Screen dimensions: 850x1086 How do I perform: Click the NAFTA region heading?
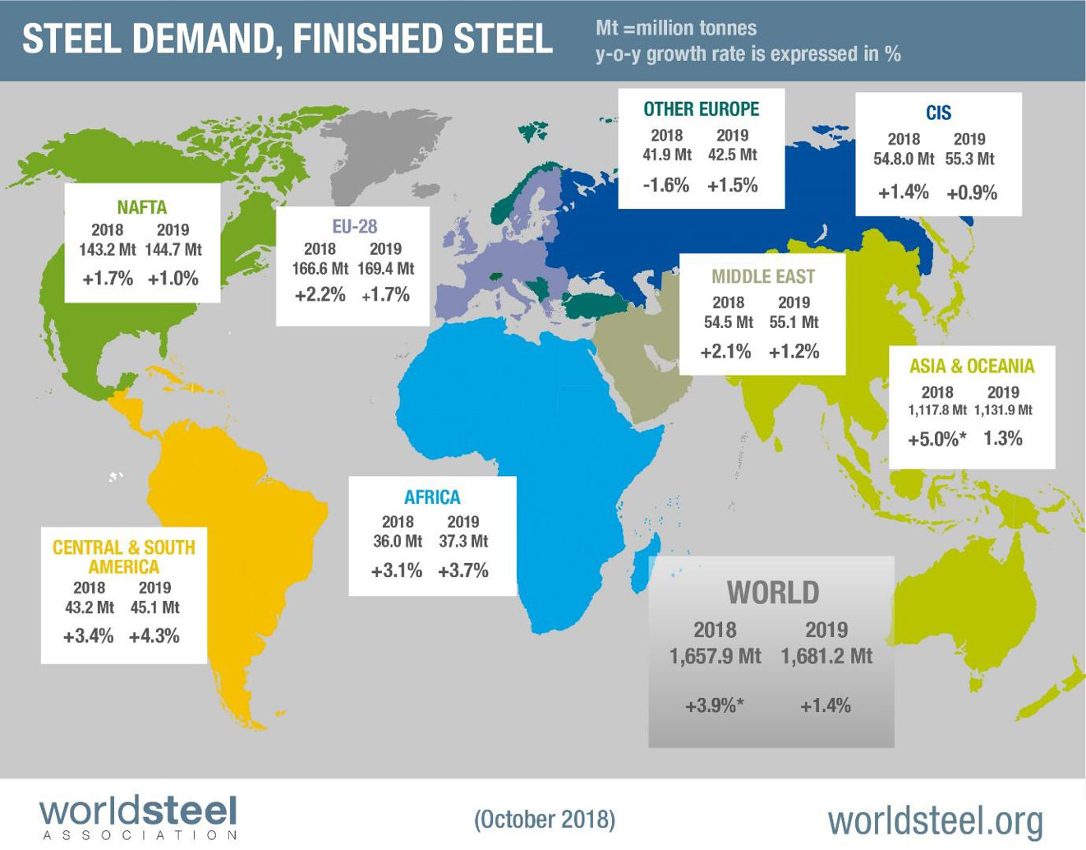coord(141,207)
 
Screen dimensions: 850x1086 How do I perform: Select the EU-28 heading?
coord(354,226)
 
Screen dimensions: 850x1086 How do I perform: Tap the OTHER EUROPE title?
coord(701,109)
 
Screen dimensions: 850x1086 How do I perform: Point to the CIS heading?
coord(938,113)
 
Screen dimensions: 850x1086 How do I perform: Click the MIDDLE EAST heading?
coord(763,276)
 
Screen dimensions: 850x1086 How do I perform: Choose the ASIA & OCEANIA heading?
coord(971,367)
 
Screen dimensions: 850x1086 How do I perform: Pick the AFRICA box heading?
coord(432,497)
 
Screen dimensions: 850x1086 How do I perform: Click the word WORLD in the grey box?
coord(772,593)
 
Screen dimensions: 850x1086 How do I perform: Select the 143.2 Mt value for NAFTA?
coord(107,250)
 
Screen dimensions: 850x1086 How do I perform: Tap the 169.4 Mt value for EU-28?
coord(385,269)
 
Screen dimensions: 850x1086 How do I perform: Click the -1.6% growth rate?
coord(665,185)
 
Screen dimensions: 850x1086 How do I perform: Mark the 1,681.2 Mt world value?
coord(826,657)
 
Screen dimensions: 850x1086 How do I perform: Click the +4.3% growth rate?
coord(154,636)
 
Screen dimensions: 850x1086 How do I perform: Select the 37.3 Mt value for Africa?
coord(463,542)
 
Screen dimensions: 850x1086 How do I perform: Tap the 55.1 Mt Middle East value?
coord(794,322)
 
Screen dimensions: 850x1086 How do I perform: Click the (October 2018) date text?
coord(544,820)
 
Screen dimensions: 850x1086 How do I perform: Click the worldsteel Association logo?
coord(138,818)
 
